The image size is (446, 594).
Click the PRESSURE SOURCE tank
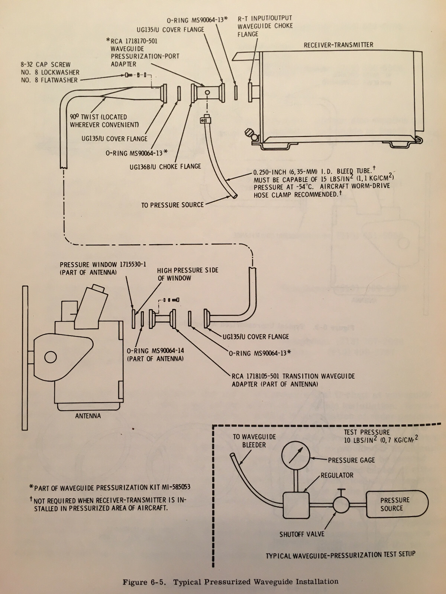click(x=397, y=504)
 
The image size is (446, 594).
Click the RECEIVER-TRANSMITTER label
click(x=338, y=45)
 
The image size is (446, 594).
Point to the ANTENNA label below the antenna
click(x=88, y=416)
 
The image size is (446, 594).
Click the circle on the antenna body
click(x=50, y=357)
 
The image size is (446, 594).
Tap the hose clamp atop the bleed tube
click(x=205, y=120)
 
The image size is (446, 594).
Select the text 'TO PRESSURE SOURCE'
click(x=172, y=205)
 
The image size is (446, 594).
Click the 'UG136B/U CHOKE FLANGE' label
click(x=165, y=167)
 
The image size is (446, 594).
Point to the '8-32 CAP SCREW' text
click(x=45, y=64)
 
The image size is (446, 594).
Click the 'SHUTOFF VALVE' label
click(x=302, y=534)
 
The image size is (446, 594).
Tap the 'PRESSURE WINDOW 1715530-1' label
click(x=103, y=264)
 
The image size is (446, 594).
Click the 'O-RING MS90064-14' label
click(x=155, y=351)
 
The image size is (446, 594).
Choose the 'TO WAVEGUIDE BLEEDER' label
click(x=254, y=441)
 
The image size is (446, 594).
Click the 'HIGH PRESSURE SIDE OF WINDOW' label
click(x=187, y=274)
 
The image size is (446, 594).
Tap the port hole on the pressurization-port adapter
click(x=207, y=92)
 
